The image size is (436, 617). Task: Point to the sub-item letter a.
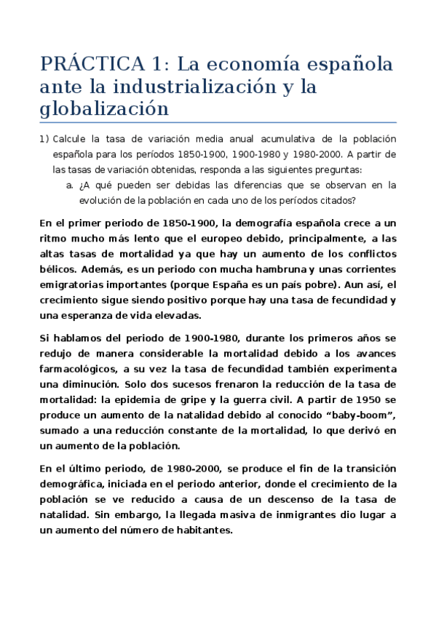pyautogui.click(x=69, y=186)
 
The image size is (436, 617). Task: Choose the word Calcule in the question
pyautogui.click(x=71, y=139)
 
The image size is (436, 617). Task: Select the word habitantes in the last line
pyautogui.click(x=198, y=530)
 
